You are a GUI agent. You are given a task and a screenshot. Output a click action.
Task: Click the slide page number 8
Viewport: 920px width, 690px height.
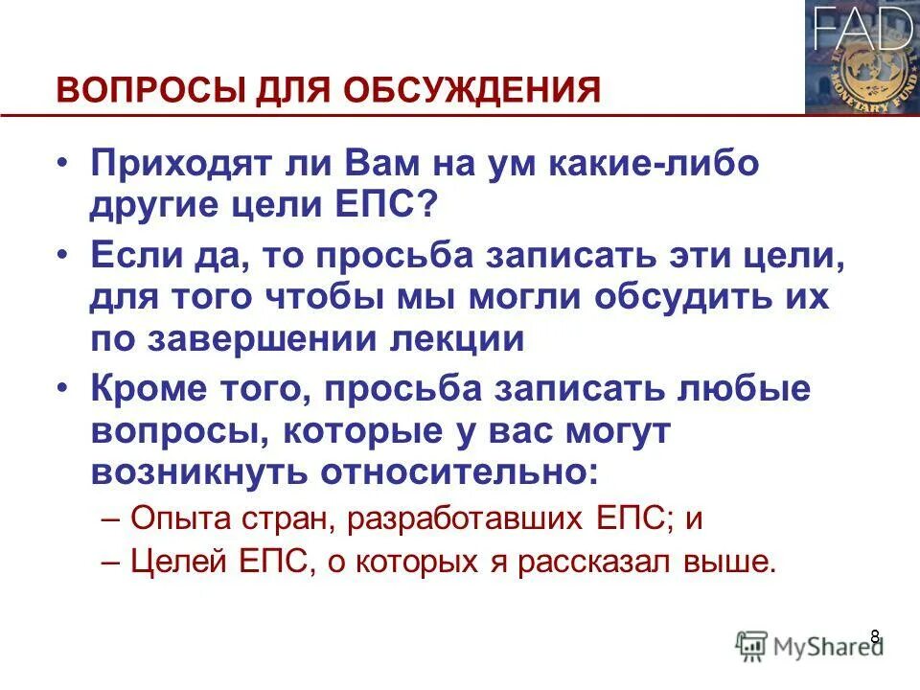(874, 635)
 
